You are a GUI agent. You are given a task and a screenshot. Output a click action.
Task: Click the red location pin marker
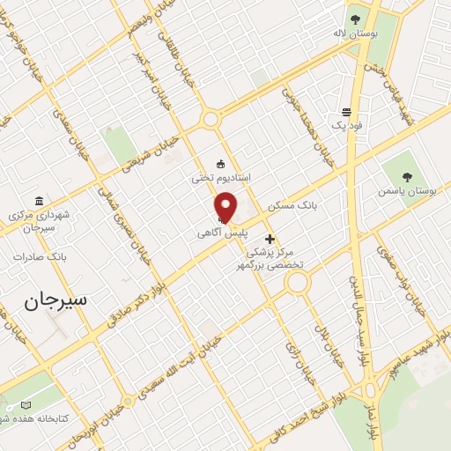point(225,206)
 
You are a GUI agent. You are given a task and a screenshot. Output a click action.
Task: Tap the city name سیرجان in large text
point(55,299)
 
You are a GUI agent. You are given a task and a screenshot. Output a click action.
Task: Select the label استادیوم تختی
point(221,177)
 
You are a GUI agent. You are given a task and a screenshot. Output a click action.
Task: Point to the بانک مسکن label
point(295,205)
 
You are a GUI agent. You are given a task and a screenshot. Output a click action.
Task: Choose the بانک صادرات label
point(41,256)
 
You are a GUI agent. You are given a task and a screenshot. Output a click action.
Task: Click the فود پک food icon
point(346,113)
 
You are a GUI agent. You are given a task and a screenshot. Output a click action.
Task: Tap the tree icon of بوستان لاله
point(355,18)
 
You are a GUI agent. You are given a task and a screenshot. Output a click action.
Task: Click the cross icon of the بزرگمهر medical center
point(270,239)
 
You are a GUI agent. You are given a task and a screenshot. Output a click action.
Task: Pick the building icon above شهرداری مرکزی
point(38,200)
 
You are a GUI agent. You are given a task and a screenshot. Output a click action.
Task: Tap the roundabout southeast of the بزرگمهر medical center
point(297,283)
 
